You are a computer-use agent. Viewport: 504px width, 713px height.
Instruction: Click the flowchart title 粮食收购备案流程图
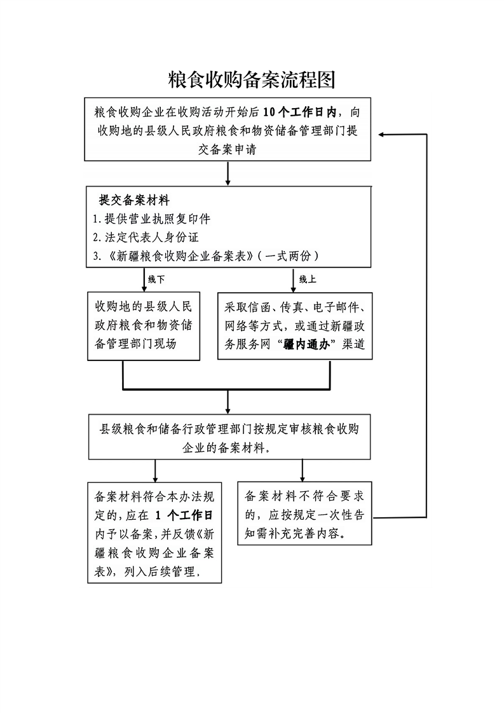[x=252, y=80]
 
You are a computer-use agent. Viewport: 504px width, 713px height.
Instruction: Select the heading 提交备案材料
[x=134, y=200]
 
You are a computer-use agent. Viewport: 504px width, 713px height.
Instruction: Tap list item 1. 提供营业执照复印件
[x=151, y=219]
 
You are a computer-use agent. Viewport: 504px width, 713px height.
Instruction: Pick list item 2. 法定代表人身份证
[x=146, y=237]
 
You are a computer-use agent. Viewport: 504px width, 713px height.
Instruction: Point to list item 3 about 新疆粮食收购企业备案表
[x=205, y=255]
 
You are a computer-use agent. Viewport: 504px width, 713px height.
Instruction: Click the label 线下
[x=156, y=279]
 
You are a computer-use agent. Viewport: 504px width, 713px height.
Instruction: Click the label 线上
[x=308, y=279]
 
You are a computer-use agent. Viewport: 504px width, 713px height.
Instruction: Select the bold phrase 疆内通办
[x=306, y=344]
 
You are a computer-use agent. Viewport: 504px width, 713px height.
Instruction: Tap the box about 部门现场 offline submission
[x=144, y=326]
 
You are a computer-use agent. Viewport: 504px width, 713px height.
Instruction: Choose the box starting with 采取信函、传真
[x=295, y=326]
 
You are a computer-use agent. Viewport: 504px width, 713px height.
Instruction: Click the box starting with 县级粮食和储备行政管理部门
[x=229, y=437]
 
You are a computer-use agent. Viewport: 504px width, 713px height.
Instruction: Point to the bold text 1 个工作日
[x=184, y=515]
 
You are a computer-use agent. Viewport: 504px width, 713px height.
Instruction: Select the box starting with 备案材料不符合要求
[x=305, y=513]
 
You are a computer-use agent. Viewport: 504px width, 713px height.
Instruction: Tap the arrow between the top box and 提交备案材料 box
[x=228, y=173]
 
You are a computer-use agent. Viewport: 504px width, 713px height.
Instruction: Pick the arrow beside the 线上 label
[x=294, y=280]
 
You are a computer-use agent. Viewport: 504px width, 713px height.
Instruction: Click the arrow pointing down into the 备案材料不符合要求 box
[x=303, y=470]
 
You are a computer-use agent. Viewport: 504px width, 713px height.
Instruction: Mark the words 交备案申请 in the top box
[x=228, y=149]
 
